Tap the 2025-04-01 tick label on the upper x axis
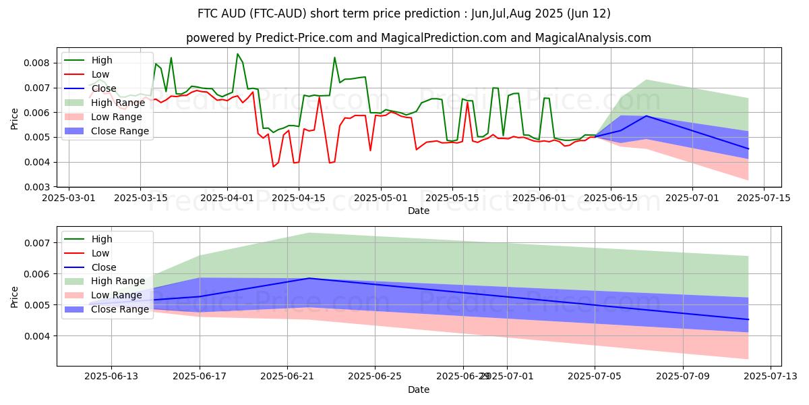[227, 198]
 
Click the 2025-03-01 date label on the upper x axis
[69, 198]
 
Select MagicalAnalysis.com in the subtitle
[593, 38]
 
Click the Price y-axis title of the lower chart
[15, 296]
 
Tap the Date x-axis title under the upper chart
[419, 211]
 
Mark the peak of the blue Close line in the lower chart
[309, 278]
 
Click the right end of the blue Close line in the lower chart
[748, 319]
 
